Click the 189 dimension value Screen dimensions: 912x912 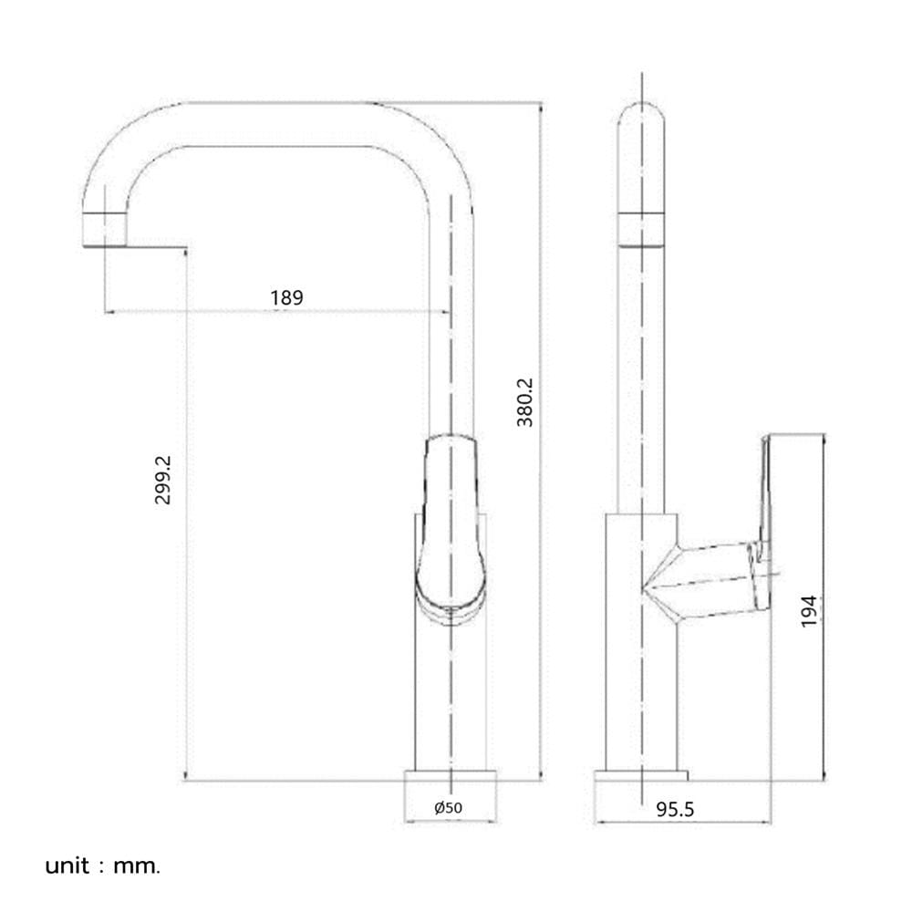286,298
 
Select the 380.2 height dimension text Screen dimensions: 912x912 524,402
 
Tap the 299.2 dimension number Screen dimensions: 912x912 163,480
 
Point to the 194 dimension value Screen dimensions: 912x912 809,611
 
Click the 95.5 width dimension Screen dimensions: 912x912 675,809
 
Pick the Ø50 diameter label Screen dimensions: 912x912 449,807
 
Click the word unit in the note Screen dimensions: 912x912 67,866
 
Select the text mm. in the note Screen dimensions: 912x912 137,866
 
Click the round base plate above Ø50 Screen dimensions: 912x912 451,775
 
